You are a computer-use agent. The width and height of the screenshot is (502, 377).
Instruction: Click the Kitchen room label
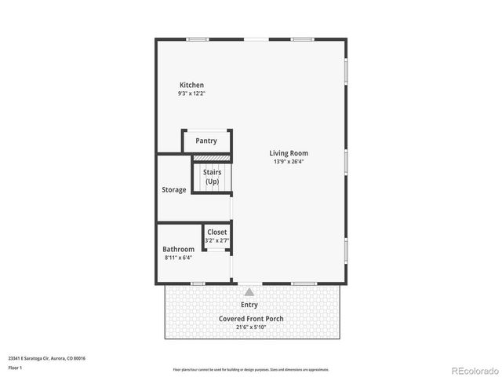(x=191, y=85)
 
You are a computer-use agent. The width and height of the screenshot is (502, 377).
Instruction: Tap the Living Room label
(x=289, y=153)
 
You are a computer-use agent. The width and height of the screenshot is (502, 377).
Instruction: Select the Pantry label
(x=206, y=141)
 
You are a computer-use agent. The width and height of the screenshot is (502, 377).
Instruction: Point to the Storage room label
(x=174, y=190)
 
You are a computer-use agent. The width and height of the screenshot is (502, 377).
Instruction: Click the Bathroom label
(x=179, y=249)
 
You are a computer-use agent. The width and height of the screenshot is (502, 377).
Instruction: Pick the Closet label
(x=217, y=232)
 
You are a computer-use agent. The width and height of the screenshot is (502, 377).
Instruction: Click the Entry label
(x=249, y=305)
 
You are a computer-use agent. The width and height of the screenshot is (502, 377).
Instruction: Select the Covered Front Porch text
(x=251, y=319)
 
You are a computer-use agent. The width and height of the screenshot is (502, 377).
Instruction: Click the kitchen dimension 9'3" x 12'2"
(x=191, y=93)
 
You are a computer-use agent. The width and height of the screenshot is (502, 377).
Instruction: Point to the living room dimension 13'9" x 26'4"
(x=289, y=162)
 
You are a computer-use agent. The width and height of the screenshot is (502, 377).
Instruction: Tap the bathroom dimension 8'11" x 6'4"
(x=178, y=258)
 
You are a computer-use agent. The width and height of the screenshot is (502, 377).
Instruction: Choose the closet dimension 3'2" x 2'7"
(x=216, y=241)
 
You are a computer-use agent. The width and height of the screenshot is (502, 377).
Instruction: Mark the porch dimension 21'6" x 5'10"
(x=251, y=327)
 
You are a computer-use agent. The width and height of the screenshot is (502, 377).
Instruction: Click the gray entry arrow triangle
(x=249, y=291)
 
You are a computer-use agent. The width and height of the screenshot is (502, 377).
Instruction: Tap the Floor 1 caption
(x=16, y=368)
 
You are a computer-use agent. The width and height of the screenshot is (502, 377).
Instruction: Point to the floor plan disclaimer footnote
(x=251, y=369)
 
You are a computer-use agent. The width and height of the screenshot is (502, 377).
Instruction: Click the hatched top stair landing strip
(x=212, y=158)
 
